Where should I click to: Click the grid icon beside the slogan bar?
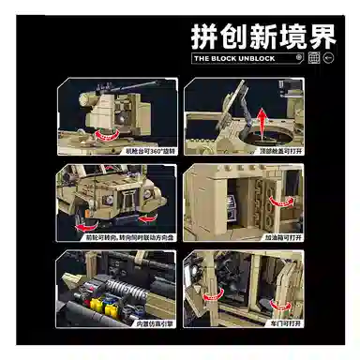pos(314,57)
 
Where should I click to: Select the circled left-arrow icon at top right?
pos(330,57)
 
